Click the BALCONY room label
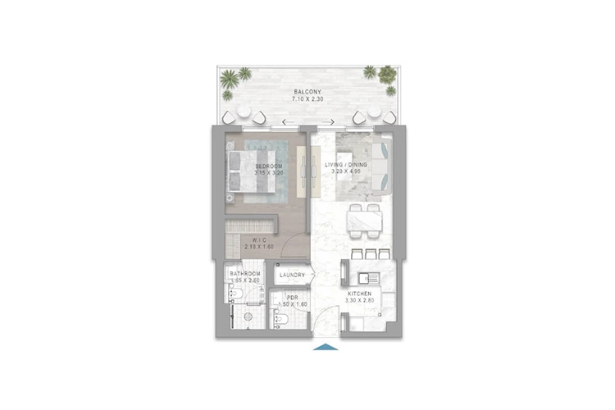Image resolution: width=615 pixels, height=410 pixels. click(307, 92)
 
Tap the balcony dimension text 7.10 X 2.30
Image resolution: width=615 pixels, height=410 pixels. click(307, 99)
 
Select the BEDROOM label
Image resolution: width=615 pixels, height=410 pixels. click(268, 166)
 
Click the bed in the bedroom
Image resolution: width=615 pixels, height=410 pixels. click(254, 172)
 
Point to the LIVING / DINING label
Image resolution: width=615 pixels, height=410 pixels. click(346, 165)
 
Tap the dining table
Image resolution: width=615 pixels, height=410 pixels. click(364, 219)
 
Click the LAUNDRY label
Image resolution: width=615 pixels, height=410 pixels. click(293, 275)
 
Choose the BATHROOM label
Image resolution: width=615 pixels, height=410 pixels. click(245, 274)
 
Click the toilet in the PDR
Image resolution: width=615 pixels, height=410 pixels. click(278, 319)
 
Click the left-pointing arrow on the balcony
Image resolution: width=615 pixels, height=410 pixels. click(285, 123)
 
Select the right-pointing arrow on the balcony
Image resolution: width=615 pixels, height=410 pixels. click(330, 123)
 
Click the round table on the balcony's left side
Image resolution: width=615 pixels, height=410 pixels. click(244, 111)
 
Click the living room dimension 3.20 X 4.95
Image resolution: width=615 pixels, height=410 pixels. click(346, 173)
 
